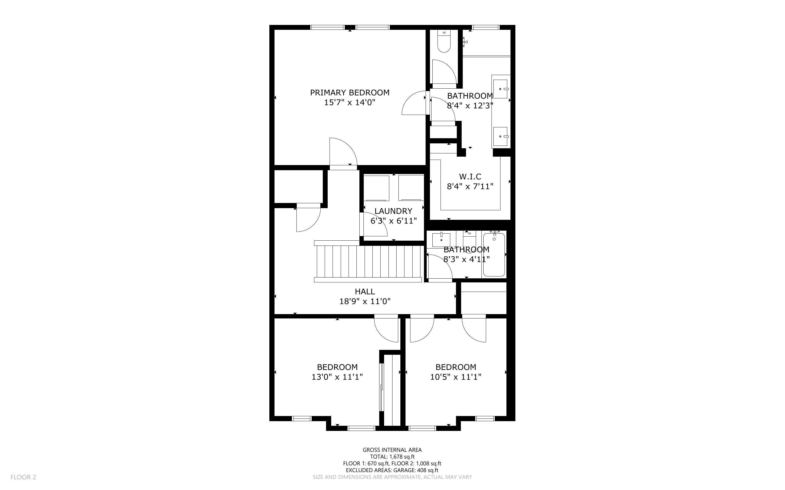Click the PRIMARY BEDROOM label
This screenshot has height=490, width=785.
350,93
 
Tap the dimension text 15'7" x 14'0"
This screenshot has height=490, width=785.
350,103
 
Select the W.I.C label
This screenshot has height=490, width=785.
470,177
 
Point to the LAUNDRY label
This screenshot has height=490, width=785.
393,211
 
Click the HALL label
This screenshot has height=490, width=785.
365,291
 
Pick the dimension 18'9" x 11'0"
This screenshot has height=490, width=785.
365,301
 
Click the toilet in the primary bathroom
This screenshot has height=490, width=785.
444,41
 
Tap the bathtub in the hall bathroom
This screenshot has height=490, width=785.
494,255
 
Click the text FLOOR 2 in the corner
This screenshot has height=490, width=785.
23,477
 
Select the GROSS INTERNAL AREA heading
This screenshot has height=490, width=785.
392,450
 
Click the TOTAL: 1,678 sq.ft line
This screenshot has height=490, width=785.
392,457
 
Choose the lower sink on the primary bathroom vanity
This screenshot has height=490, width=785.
500,136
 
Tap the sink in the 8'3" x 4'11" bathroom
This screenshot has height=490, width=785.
441,240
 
